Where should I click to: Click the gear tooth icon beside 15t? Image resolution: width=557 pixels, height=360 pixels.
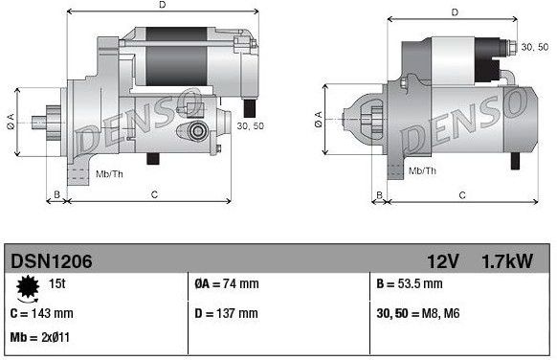(x=26, y=284)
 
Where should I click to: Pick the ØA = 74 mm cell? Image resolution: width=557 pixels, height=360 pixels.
(x=226, y=284)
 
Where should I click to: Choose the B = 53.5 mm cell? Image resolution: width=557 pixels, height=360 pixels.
(x=409, y=284)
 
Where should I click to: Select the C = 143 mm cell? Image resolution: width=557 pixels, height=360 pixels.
(x=42, y=312)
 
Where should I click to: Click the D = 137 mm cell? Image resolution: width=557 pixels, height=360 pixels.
(x=227, y=312)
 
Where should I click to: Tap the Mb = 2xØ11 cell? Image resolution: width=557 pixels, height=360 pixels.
(x=39, y=338)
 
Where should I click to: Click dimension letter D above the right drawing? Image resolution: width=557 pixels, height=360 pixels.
(x=456, y=12)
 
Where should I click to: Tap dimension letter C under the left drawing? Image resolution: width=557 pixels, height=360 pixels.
(x=154, y=195)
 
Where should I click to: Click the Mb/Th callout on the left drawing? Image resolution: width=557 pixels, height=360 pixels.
(x=110, y=173)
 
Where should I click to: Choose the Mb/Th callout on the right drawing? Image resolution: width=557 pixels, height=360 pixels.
(x=422, y=170)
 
